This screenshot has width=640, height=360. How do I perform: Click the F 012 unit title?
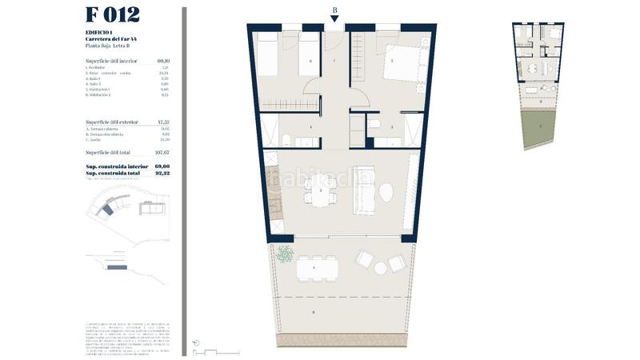[112, 15]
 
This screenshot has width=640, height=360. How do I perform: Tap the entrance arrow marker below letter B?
[334, 19]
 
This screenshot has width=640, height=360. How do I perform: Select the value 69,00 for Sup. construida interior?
[164, 167]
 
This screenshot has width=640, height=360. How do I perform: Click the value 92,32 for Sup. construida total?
[164, 173]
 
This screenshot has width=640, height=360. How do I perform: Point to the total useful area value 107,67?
[163, 152]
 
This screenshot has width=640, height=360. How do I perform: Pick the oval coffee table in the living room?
[386, 193]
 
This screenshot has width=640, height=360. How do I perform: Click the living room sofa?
[364, 192]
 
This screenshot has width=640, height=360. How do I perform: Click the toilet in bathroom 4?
[286, 139]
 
